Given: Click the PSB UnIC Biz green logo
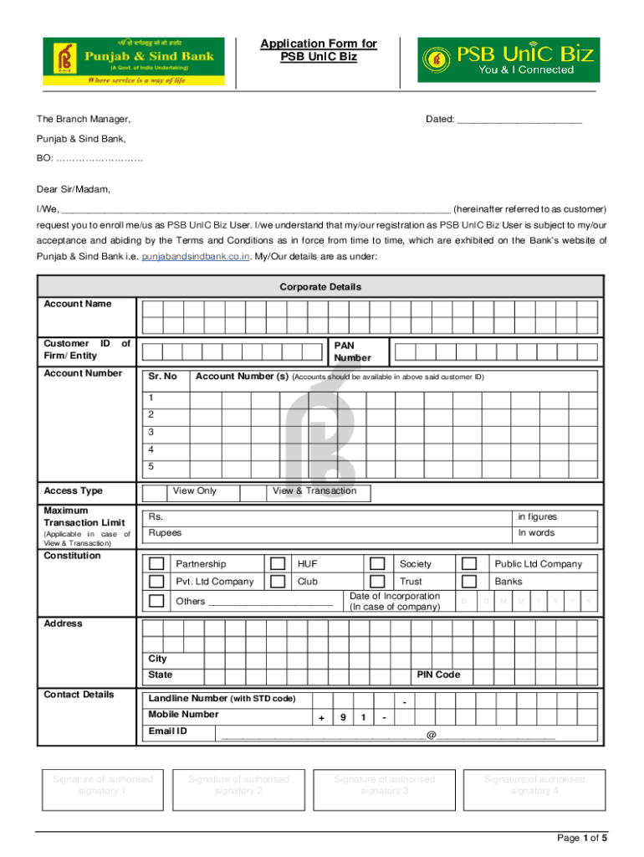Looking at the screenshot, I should [x=508, y=60].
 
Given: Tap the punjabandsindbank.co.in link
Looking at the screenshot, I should [x=196, y=256].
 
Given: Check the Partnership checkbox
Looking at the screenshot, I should [x=156, y=564].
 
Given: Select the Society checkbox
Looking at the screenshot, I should [x=401, y=564].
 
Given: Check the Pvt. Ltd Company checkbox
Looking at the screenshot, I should [x=156, y=582].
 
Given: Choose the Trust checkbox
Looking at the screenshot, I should [x=401, y=582].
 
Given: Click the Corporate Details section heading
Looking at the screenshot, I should [x=320, y=287].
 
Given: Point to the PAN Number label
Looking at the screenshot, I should [x=352, y=352].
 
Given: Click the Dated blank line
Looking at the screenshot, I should [x=519, y=121].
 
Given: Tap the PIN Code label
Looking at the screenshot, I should [x=438, y=675].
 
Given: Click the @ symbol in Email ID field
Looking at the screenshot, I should [x=431, y=735].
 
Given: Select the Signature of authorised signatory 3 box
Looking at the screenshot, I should [x=385, y=785].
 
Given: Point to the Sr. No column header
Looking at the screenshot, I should [x=162, y=377].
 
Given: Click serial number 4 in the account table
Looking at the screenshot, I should [x=151, y=450].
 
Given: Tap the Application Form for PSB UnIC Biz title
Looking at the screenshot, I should [x=318, y=51].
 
